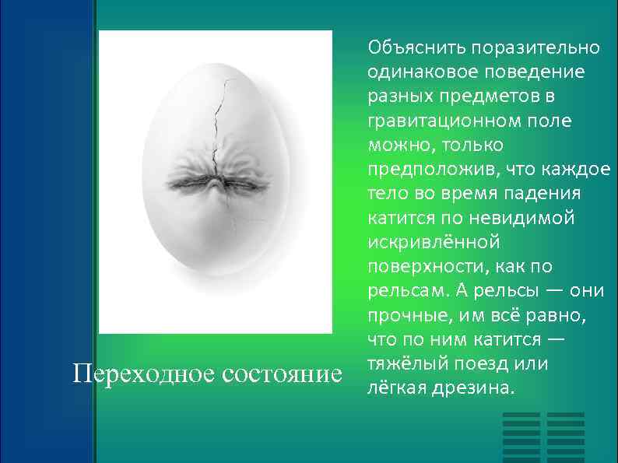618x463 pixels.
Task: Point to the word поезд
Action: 477,363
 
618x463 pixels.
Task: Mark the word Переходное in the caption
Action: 143,374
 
